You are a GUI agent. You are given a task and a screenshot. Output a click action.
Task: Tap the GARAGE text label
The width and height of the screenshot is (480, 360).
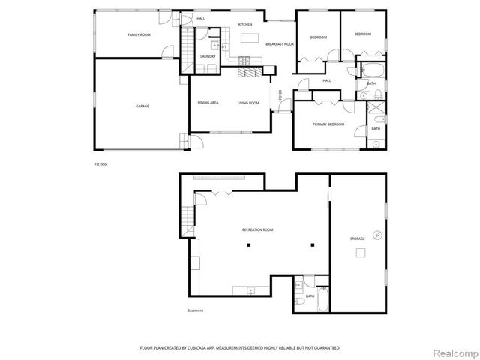tap(142, 106)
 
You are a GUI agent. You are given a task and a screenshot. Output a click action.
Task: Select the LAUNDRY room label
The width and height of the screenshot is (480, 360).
tap(208, 56)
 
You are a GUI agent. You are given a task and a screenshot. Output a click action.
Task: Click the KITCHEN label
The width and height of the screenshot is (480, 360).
tap(245, 25)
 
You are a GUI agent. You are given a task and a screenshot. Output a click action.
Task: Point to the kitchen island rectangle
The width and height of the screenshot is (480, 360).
tap(248, 37)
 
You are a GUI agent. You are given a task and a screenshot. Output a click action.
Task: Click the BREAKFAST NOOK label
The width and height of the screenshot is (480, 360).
tap(279, 45)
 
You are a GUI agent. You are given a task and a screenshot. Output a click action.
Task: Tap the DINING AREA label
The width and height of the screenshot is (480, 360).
tap(208, 103)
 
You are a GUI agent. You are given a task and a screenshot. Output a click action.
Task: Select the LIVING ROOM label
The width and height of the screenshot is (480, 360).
tap(248, 103)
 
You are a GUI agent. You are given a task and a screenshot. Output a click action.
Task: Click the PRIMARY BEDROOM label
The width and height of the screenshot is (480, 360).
tap(328, 124)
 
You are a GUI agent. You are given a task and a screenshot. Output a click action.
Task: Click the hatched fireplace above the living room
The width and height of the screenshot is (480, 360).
tap(253, 72)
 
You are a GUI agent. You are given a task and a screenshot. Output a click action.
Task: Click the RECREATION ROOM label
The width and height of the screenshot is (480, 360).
tap(257, 229)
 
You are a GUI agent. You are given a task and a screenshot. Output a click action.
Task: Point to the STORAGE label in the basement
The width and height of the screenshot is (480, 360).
tap(357, 238)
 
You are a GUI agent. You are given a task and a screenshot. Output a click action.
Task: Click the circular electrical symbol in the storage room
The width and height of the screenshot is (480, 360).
tap(378, 235)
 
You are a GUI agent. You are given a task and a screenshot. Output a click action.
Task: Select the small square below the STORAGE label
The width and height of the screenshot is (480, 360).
tap(360, 253)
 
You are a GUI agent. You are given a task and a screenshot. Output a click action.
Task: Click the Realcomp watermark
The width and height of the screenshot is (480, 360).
tap(457, 352)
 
